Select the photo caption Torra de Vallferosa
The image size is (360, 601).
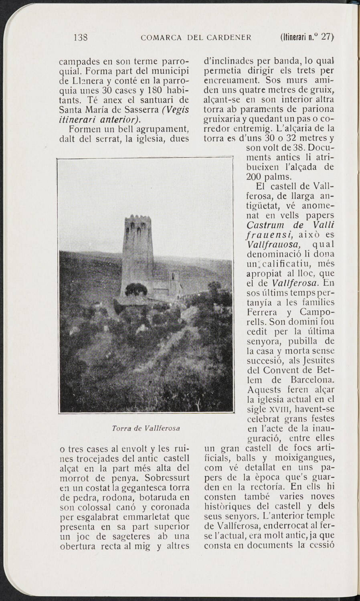point(146,428)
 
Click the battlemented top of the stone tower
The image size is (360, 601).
point(138,225)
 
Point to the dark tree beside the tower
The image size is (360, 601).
point(137,289)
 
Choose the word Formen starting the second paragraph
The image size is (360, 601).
point(86,130)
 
